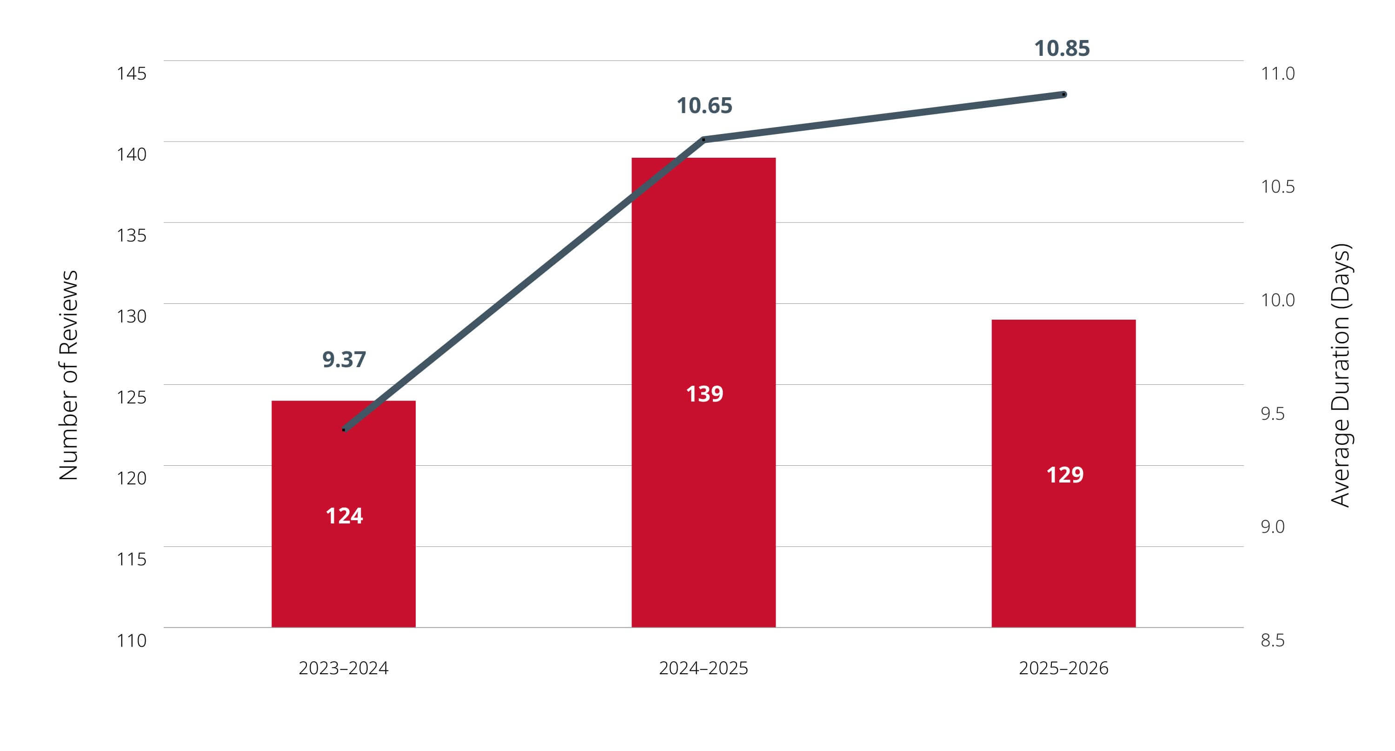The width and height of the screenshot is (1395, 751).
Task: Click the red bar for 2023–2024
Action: (x=343, y=514)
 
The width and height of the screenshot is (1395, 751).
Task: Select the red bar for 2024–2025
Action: (x=704, y=392)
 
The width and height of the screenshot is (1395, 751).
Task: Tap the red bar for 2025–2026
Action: (x=1063, y=473)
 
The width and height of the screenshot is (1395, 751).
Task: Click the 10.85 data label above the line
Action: (x=1062, y=48)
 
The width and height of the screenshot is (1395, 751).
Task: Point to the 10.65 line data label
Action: (x=704, y=106)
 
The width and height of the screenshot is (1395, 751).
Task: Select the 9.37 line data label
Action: (x=344, y=359)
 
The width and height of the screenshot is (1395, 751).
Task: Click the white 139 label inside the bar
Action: (x=704, y=394)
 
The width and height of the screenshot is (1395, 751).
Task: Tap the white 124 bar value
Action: (x=344, y=516)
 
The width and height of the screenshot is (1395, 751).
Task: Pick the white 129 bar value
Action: (x=1065, y=475)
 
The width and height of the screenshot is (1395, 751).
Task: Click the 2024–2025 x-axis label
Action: (x=704, y=668)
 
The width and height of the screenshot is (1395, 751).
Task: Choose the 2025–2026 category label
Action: (x=1063, y=668)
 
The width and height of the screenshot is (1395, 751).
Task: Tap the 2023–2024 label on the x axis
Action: (x=343, y=668)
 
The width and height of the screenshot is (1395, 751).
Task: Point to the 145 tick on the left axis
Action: (x=132, y=73)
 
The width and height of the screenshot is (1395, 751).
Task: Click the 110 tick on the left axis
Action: (x=132, y=640)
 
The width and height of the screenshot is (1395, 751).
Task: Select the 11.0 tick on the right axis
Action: (x=1277, y=73)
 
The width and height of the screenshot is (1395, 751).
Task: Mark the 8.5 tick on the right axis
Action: (x=1273, y=640)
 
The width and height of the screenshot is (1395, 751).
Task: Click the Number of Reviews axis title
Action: (x=69, y=375)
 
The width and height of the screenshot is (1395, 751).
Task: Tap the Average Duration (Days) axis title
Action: (x=1341, y=375)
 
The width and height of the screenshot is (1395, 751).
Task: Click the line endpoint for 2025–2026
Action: (x=1064, y=94)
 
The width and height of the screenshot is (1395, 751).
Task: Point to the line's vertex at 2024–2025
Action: (x=704, y=139)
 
